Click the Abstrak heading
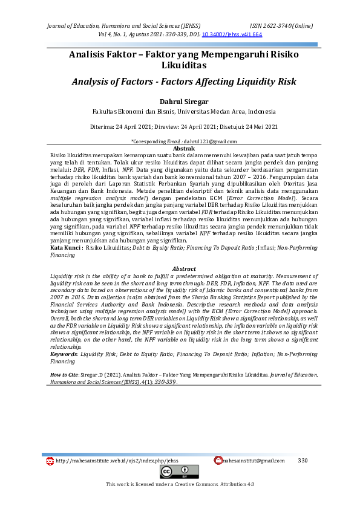(x=184, y=148)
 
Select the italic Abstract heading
(x=184, y=268)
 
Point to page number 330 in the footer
(x=303, y=461)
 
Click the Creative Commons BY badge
(x=179, y=472)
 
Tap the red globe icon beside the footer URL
(x=50, y=461)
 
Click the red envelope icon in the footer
(x=218, y=461)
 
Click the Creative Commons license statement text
(x=180, y=484)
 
